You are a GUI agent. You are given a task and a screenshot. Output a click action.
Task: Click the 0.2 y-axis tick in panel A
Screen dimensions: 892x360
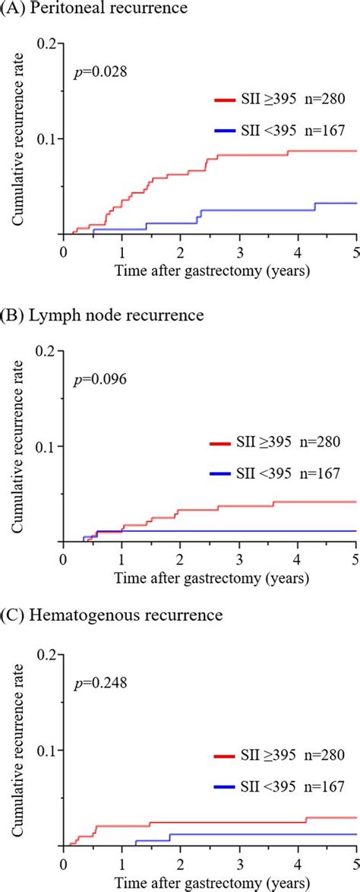pyautogui.click(x=48, y=43)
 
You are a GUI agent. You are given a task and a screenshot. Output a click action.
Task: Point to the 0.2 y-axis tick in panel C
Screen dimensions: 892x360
pyautogui.click(x=48, y=654)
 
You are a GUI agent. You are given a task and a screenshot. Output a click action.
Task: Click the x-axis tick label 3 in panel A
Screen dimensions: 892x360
pyautogui.click(x=239, y=253)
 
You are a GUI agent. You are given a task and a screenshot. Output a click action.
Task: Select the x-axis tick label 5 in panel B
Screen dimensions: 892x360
pyautogui.click(x=355, y=558)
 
